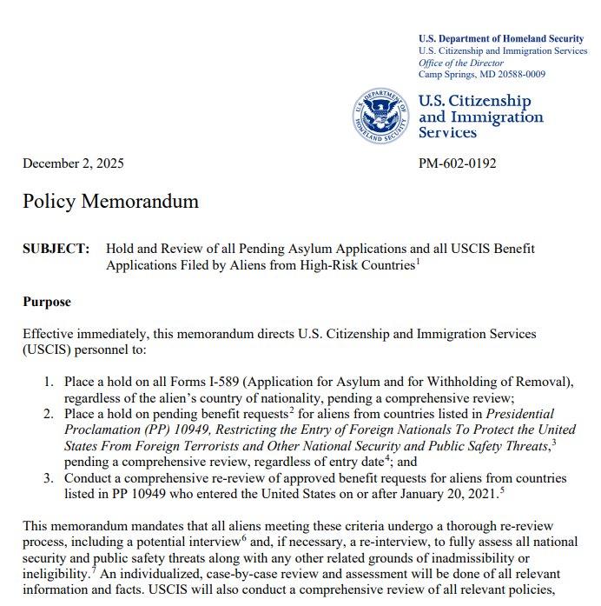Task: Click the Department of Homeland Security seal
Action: tap(380, 117)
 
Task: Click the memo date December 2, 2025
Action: tap(73, 163)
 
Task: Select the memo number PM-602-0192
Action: tap(458, 163)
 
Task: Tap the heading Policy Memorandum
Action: tap(110, 202)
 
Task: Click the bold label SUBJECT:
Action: tap(56, 249)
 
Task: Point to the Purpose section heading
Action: tap(47, 302)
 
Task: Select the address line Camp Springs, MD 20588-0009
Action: tap(482, 74)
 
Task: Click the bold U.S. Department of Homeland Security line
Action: tap(500, 38)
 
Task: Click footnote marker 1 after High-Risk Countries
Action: tap(417, 261)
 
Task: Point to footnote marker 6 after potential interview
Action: tap(277, 538)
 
